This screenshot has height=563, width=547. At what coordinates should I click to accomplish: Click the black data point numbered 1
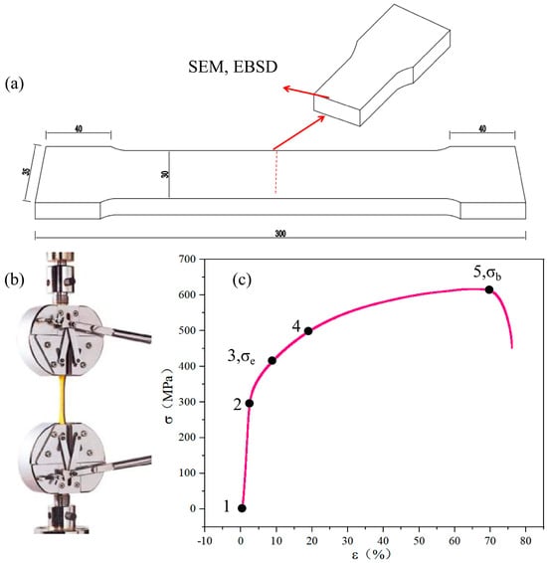[x=242, y=508]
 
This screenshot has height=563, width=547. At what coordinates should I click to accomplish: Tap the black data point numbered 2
[x=249, y=403]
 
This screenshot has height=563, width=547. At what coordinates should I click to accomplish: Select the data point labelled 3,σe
[x=273, y=360]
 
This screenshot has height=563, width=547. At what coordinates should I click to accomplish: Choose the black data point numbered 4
[x=308, y=330]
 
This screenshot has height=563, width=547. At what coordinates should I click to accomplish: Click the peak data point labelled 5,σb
[x=488, y=289]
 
